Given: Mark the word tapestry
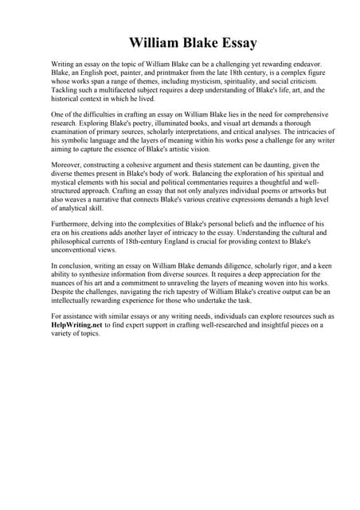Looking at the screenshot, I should [x=199, y=294].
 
